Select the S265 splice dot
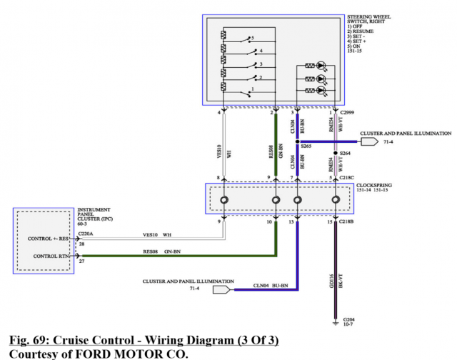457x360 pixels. click(x=297, y=142)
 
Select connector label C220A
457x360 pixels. click(x=84, y=233)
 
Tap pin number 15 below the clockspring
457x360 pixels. click(x=330, y=223)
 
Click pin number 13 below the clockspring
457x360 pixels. click(x=291, y=223)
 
